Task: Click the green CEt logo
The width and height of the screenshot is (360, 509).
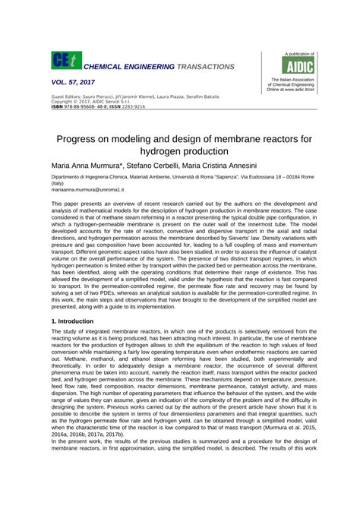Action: click(x=62, y=63)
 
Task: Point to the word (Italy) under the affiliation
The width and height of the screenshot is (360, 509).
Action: click(x=58, y=183)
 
